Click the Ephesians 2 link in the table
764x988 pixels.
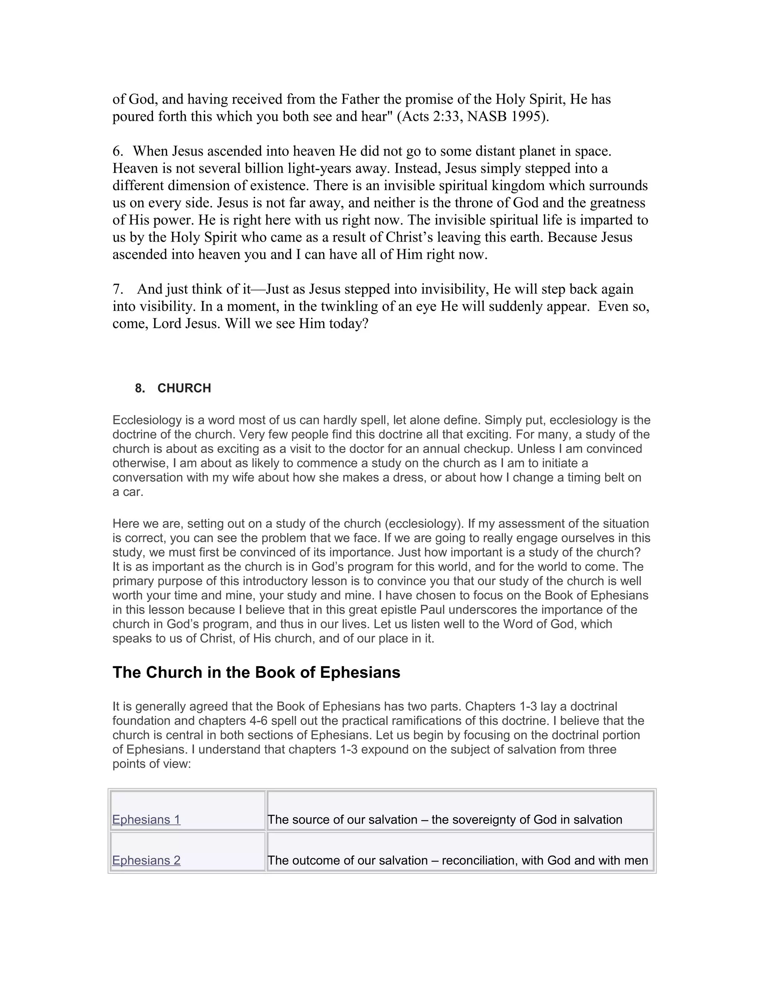click(x=146, y=860)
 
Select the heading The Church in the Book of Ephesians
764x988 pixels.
click(x=256, y=672)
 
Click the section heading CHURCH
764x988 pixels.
click(x=184, y=388)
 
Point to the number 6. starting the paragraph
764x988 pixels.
click(x=118, y=151)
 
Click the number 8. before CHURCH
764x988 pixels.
click(x=140, y=388)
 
